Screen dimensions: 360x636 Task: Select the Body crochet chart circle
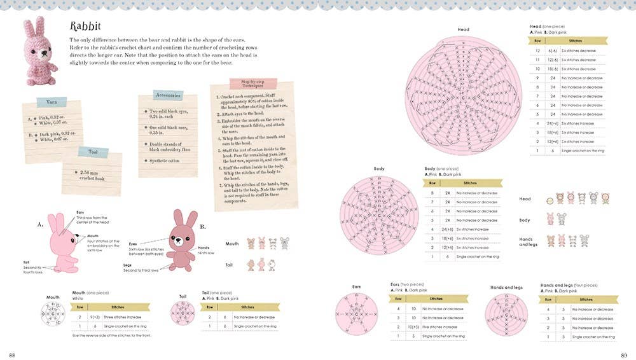(x=379, y=215)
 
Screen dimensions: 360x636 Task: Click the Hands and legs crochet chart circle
(x=506, y=314)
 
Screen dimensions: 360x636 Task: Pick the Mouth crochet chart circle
(x=53, y=314)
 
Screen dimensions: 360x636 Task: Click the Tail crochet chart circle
(x=183, y=313)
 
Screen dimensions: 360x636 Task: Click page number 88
(x=13, y=354)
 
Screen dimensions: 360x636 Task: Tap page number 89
(x=624, y=354)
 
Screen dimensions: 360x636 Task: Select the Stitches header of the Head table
(x=576, y=40)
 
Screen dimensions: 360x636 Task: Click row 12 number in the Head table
(x=537, y=50)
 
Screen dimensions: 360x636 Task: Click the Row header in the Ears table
(x=398, y=298)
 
